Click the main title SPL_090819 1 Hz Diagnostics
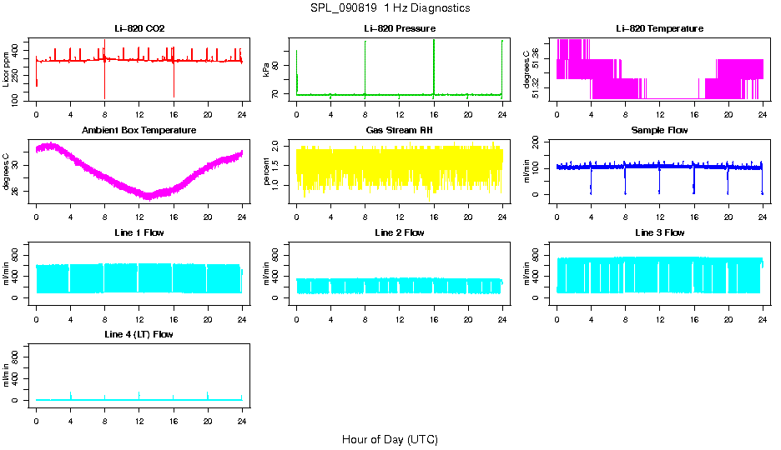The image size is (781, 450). point(390,7)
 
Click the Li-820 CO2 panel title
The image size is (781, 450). point(139,28)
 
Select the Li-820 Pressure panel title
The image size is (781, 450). point(399,28)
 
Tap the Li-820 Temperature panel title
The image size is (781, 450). point(659,28)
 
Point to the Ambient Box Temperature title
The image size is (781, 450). point(139,130)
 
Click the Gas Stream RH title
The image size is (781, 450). point(399,130)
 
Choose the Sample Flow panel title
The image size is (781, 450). point(659,130)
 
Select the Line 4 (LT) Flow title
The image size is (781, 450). point(139,334)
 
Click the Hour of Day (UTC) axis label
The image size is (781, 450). point(390,439)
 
